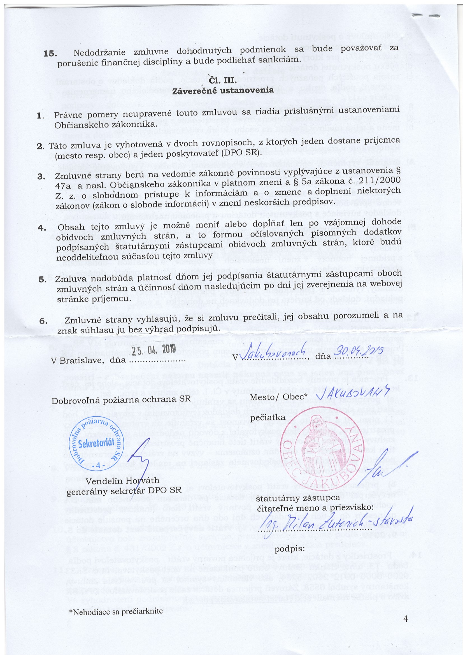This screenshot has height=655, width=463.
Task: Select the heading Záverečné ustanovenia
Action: (223, 90)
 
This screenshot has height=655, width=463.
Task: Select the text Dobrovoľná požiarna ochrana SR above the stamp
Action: (121, 399)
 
